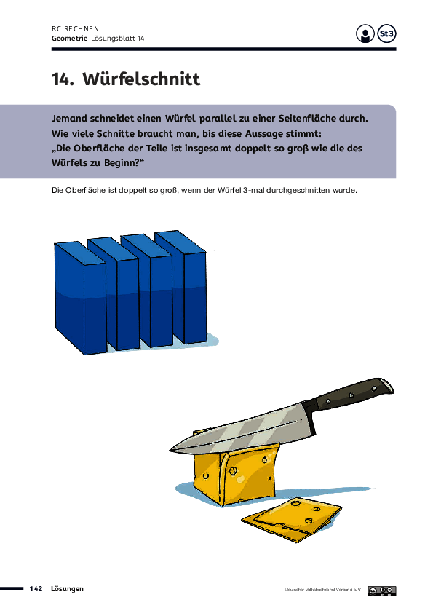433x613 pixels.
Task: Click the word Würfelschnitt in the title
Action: pyautogui.click(x=141, y=79)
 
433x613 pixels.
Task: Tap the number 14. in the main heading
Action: pyautogui.click(x=63, y=79)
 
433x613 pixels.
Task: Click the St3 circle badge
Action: pyautogui.click(x=387, y=33)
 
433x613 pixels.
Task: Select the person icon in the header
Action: pyautogui.click(x=365, y=33)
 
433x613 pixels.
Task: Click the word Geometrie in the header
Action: pyautogui.click(x=70, y=39)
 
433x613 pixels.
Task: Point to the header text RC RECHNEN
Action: pyautogui.click(x=76, y=29)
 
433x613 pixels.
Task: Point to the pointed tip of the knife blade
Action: pyautogui.click(x=170, y=449)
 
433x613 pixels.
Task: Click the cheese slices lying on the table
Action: pyautogui.click(x=291, y=519)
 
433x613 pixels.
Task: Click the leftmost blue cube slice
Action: pyautogui.click(x=81, y=298)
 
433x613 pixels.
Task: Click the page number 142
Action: pyautogui.click(x=36, y=589)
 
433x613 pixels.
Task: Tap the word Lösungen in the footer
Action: pyautogui.click(x=67, y=589)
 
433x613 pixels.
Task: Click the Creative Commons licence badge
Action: pyautogui.click(x=382, y=590)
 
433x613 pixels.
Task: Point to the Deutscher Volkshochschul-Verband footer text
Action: pyautogui.click(x=323, y=590)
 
